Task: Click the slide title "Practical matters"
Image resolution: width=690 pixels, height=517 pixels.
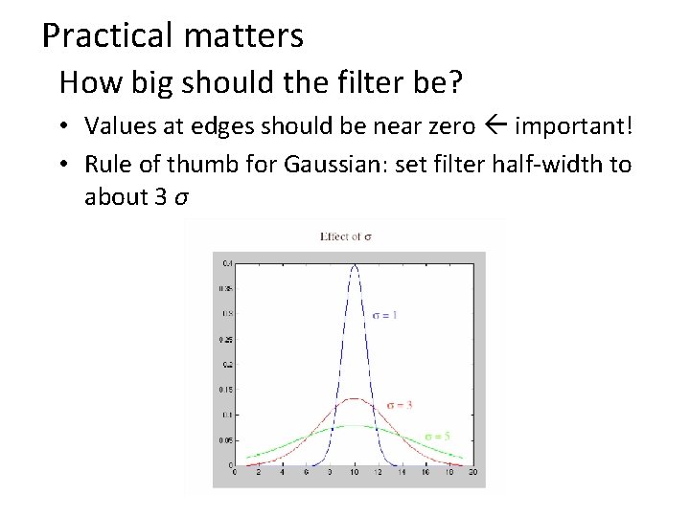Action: click(173, 35)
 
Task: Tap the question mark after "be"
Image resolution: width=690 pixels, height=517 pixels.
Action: click(454, 83)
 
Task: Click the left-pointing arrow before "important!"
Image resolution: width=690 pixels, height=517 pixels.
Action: click(495, 126)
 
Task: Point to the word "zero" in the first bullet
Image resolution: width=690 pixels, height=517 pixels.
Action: click(448, 126)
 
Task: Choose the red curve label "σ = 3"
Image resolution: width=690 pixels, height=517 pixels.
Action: click(400, 405)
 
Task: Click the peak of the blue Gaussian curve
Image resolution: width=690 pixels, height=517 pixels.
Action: click(354, 265)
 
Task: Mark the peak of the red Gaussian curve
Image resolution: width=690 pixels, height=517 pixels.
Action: click(354, 398)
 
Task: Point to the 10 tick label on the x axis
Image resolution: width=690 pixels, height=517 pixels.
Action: click(354, 473)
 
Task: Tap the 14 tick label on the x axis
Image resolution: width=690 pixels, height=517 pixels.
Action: click(402, 473)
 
